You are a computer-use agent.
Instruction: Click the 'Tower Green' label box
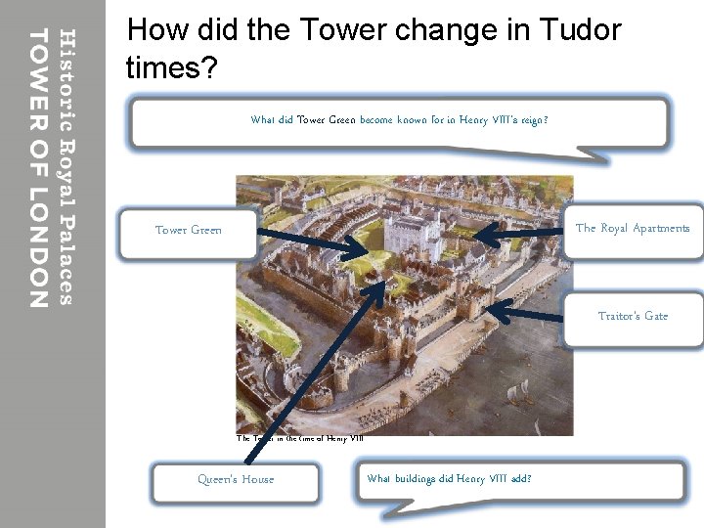188,231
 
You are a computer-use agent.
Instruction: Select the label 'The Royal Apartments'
633,229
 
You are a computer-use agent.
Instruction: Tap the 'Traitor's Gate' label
633,317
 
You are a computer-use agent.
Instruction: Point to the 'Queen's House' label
236,480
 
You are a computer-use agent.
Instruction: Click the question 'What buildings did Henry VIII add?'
449,479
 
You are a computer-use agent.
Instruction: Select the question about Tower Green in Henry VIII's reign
399,121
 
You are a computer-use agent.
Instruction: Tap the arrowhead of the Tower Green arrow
364,254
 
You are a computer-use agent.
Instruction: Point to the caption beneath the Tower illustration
300,439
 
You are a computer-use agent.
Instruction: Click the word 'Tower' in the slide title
343,30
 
